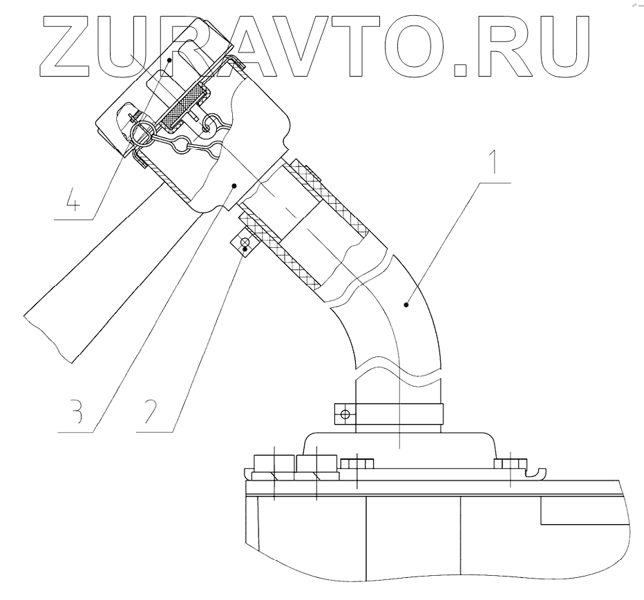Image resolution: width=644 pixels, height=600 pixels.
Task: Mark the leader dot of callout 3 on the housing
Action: (x=235, y=185)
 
